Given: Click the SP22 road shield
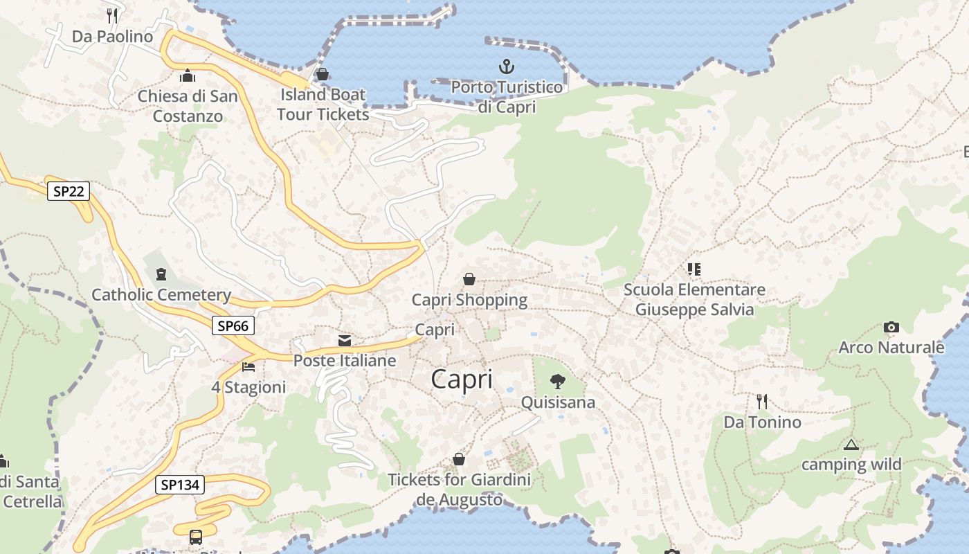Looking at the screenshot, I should click(x=69, y=191).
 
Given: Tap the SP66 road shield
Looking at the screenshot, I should click(x=233, y=325).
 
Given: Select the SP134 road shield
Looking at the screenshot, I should click(x=180, y=485).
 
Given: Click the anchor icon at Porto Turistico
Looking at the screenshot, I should click(x=507, y=67).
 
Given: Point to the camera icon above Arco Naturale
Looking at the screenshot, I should click(x=891, y=327).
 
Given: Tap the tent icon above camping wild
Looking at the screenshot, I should click(x=851, y=445).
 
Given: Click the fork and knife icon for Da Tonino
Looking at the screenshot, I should click(x=762, y=402).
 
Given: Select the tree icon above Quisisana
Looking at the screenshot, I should click(x=557, y=381).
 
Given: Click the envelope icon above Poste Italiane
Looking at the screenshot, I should click(x=344, y=340).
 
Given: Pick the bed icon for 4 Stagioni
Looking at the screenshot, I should click(x=249, y=366).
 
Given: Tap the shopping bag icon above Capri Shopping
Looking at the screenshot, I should click(x=469, y=279).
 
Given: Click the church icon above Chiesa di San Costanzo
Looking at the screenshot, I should click(x=187, y=75).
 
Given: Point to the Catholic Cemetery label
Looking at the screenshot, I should click(x=161, y=295).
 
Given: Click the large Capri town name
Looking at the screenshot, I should click(x=462, y=379).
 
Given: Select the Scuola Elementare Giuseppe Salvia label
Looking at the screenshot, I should click(x=694, y=299).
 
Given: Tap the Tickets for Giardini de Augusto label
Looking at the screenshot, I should click(x=459, y=489).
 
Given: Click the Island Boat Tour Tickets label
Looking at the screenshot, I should click(x=323, y=104).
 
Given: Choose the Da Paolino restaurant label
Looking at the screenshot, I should click(x=112, y=36).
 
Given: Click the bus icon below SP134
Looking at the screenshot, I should click(x=196, y=537).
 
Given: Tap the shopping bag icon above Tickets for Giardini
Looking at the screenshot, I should click(x=458, y=459).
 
